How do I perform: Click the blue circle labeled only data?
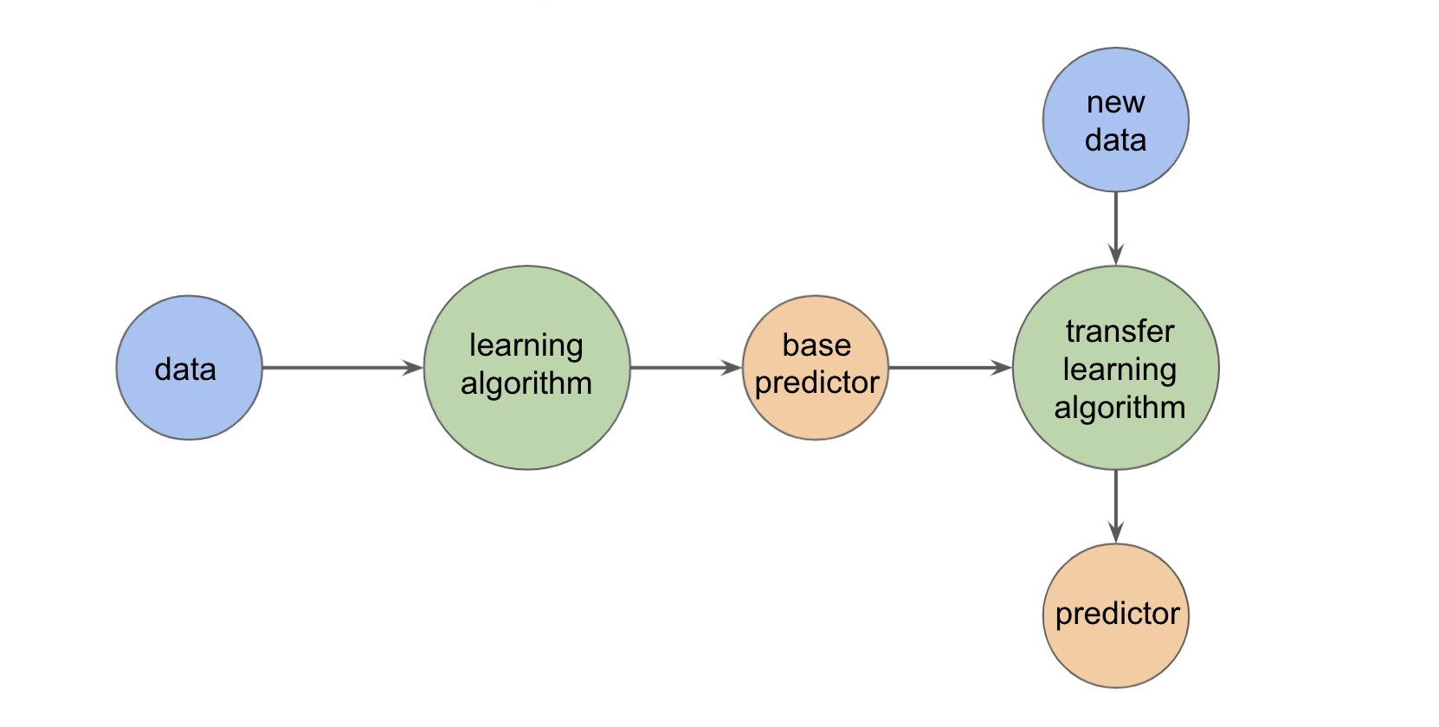pyautogui.click(x=189, y=368)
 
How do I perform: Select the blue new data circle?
pyautogui.click(x=1115, y=119)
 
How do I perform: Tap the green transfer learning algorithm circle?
pyautogui.click(x=1115, y=368)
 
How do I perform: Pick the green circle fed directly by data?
pyautogui.click(x=526, y=368)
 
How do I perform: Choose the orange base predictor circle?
pyautogui.click(x=816, y=368)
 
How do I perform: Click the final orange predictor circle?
pyautogui.click(x=1115, y=615)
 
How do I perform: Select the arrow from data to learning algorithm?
pyautogui.click(x=342, y=368)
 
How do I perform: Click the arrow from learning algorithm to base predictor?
pyautogui.click(x=685, y=368)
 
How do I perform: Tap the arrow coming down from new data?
pyautogui.click(x=1115, y=228)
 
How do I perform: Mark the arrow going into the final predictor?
pyautogui.click(x=1115, y=506)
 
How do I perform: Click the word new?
pyautogui.click(x=1115, y=102)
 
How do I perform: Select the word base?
pyautogui.click(x=816, y=345)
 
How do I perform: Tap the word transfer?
pyautogui.click(x=1120, y=331)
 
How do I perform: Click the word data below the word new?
pyautogui.click(x=1115, y=140)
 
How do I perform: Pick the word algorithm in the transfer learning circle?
pyautogui.click(x=1120, y=408)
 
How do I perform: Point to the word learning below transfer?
pyautogui.click(x=1120, y=370)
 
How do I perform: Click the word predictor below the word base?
pyautogui.click(x=816, y=383)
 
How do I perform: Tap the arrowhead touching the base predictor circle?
pyautogui.click(x=732, y=368)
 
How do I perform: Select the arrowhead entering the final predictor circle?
pyautogui.click(x=1115, y=533)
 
